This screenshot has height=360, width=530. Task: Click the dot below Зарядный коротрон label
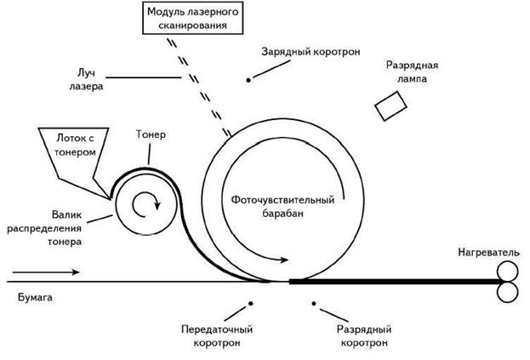click(249, 79)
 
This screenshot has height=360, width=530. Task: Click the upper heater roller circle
click(506, 271)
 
